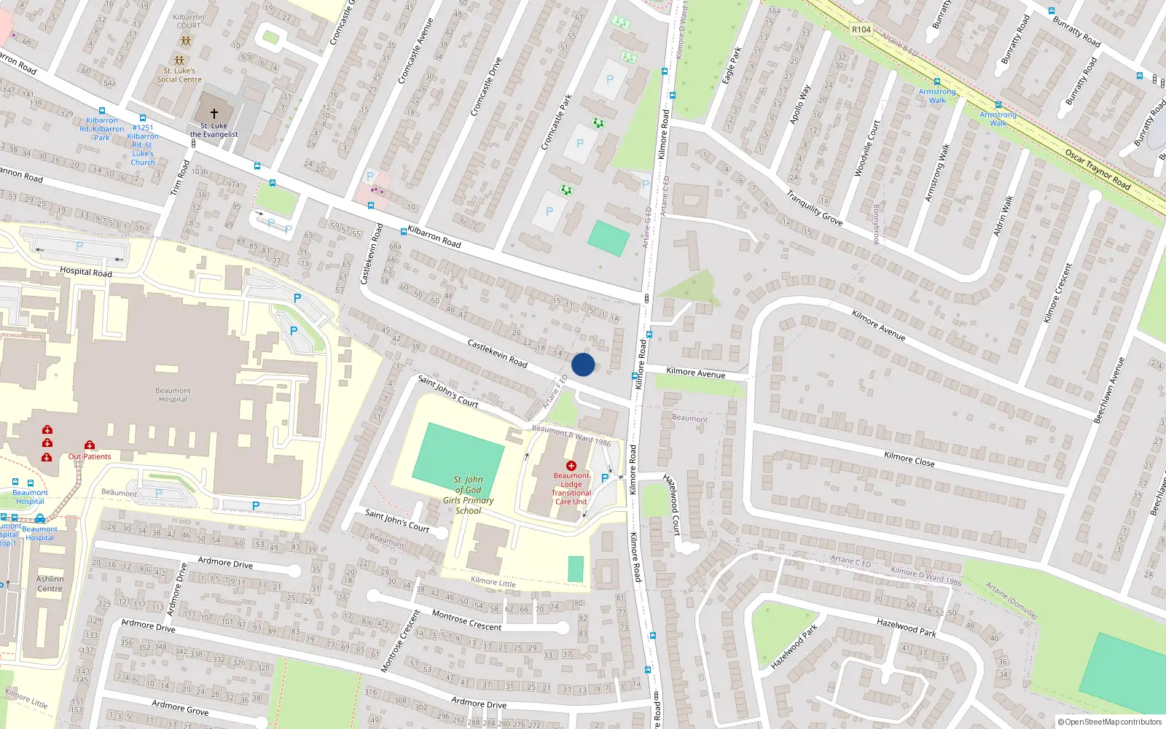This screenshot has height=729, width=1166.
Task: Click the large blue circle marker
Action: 582,364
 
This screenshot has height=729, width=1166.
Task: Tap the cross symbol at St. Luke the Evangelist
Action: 214,114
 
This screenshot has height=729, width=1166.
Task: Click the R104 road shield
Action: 861,30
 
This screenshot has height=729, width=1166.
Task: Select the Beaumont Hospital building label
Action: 173,395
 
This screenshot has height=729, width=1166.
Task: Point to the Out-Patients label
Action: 90,457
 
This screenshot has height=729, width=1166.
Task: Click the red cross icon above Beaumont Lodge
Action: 571,466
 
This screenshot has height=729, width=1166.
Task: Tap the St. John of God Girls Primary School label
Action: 468,495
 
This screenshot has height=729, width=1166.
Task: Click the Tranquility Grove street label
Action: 814,208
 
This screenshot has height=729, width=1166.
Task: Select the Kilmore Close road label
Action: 909,459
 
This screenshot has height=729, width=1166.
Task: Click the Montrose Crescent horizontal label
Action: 466,620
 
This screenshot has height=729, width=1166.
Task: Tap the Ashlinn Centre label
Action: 50,584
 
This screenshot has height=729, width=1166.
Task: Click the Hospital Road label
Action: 85,272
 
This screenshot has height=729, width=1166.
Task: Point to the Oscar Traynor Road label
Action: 1097,170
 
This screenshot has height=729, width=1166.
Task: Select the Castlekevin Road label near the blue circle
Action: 497,353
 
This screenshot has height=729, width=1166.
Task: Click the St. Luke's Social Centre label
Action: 179,75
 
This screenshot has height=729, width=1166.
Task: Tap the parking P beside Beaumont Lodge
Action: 604,478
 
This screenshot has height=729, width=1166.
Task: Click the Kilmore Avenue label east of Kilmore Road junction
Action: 695,373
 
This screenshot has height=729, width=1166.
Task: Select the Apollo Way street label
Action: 800,105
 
